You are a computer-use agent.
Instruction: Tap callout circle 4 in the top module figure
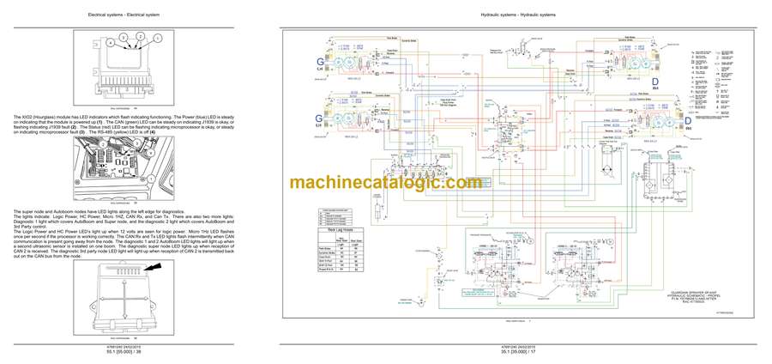click(x=110, y=42)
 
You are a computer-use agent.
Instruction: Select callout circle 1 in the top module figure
click(x=157, y=39)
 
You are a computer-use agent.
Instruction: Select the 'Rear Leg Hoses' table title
click(x=338, y=231)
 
